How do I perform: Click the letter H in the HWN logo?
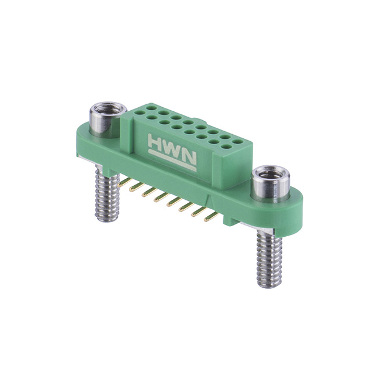[156, 143]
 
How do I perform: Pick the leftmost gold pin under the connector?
[123, 183]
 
